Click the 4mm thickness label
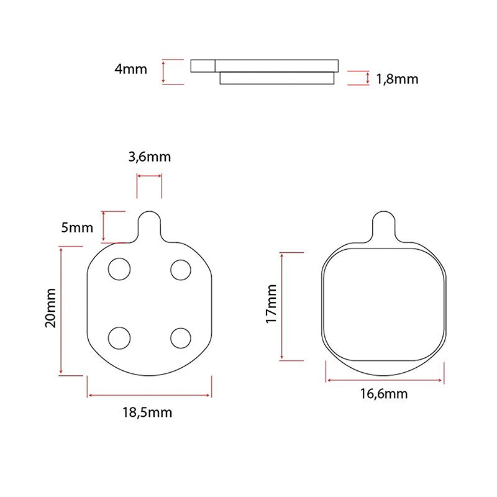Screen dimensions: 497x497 pos(130,69)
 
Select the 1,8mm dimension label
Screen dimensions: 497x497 pos(397,80)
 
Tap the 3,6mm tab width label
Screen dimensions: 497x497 pos(150,157)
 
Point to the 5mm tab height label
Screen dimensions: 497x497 pos(77,227)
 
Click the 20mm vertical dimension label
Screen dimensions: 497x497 pos(50,308)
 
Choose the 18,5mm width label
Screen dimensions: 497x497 pos(147,413)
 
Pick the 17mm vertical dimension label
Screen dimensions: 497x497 pos(271,304)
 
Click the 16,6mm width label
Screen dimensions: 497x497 pos(384,394)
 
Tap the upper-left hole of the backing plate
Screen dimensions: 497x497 pos(119,269)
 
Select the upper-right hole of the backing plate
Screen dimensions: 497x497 pos(181,270)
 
